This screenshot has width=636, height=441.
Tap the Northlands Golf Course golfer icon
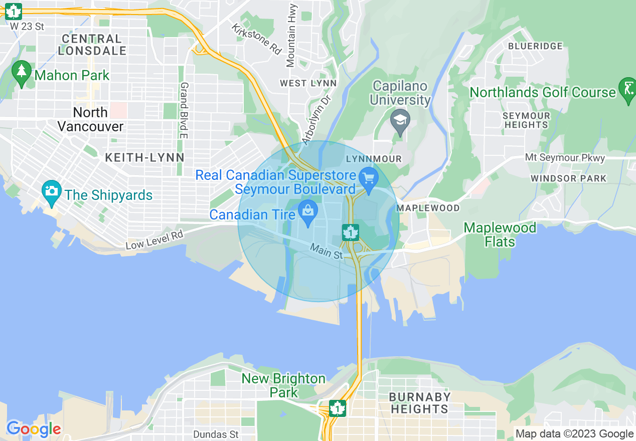[627, 91]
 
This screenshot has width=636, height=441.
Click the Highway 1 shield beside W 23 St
[13, 11]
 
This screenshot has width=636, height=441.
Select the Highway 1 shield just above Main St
[350, 233]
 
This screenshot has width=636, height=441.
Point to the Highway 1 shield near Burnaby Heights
[337, 408]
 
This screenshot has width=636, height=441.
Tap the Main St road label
[326, 251]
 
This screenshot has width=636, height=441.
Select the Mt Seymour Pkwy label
[565, 158]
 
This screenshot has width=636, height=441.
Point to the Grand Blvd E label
[184, 110]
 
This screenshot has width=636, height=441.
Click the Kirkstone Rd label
[256, 38]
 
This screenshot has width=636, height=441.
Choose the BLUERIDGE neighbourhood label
[535, 46]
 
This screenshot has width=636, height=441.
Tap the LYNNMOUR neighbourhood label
[374, 159]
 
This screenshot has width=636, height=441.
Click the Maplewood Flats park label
[500, 235]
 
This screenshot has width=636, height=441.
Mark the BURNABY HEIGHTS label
[419, 403]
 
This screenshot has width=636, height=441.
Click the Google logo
[34, 429]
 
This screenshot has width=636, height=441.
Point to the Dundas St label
[216, 434]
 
